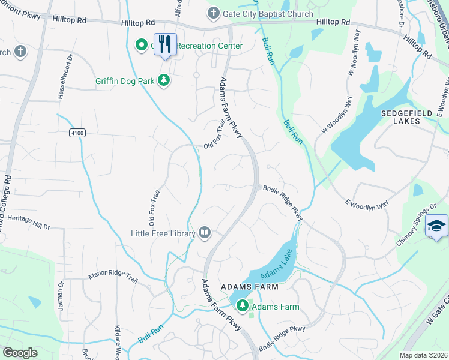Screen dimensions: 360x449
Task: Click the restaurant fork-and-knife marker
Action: [x=165, y=44]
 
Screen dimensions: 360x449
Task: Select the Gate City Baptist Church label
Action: [x=268, y=14]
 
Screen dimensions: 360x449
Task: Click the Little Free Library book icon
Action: [x=205, y=233]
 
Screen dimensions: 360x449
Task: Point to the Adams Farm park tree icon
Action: [x=243, y=306]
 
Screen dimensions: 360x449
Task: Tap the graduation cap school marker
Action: [x=436, y=226]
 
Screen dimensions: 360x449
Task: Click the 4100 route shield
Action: [x=77, y=132]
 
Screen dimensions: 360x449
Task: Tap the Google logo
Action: [x=20, y=353]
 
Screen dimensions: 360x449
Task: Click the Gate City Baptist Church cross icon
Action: [x=214, y=13]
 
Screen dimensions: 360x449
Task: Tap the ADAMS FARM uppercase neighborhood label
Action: [x=249, y=287]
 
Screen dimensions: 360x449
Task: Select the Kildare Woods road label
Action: [x=118, y=343]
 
